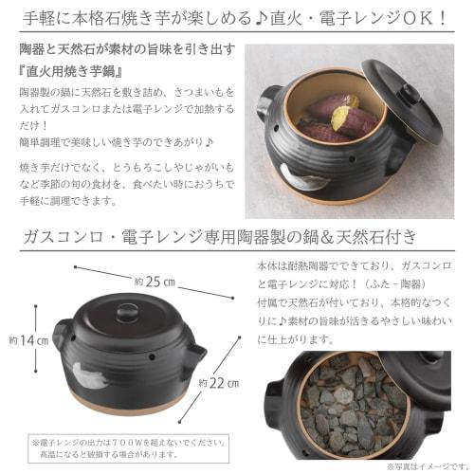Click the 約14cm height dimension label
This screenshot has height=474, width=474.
[21, 340]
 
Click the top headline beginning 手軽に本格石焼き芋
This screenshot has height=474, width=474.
[237, 16]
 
